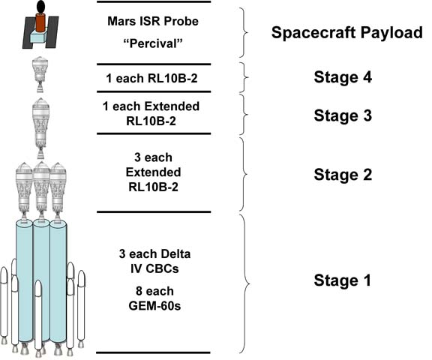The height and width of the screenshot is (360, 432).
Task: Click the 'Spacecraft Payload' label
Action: pos(346,32)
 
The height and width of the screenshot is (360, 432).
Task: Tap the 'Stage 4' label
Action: pos(343,76)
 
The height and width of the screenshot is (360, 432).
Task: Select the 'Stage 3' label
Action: pos(343,115)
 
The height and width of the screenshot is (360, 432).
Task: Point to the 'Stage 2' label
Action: pos(343,175)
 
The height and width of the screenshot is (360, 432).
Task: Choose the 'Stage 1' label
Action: pos(342,280)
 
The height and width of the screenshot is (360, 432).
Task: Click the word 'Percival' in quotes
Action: pos(153,43)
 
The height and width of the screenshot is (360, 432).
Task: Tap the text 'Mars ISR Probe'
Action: pos(153,21)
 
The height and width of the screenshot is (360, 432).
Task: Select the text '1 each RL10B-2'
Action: pos(151,79)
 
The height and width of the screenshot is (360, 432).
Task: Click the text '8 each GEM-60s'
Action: pos(154,298)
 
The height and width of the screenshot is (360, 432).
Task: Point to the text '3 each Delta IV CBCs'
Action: pos(154,261)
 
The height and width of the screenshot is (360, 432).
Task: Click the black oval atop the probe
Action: pos(40,7)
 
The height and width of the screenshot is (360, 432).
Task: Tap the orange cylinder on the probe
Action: pos(40,22)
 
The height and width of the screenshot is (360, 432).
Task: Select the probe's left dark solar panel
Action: pos(28,32)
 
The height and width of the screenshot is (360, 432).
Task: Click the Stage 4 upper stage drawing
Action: pos(40,73)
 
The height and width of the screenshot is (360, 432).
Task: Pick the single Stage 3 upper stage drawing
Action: pos(40,128)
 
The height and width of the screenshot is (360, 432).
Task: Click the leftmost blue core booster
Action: pos(24,281)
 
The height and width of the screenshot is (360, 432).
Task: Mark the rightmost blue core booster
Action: pos(58,281)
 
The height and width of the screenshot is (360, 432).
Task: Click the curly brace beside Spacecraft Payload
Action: pos(244,32)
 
